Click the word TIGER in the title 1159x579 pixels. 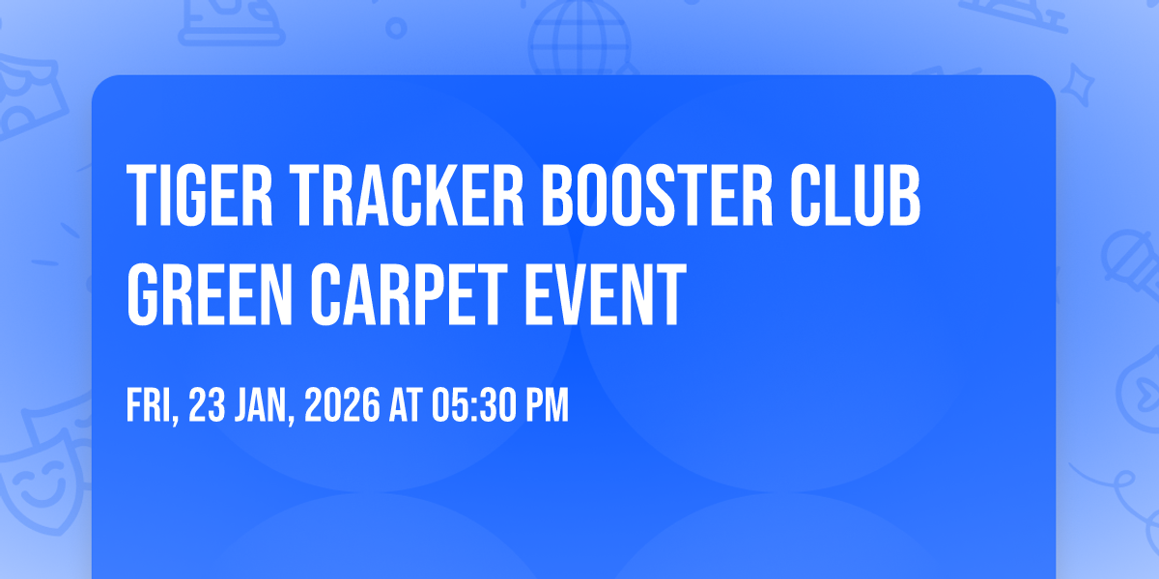200,195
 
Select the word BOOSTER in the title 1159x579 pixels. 657,195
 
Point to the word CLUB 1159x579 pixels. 855,195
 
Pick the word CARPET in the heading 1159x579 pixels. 409,294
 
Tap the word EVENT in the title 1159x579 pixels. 606,294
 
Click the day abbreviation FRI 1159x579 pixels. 153,406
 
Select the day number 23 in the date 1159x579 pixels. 207,404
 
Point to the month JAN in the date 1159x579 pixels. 264,406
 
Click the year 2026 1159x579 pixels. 342,404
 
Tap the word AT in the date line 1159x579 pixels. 406,404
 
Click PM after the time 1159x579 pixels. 548,404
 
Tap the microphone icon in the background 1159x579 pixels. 1131,263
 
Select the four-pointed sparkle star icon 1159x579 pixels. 1078,85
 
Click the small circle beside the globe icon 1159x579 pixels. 396,28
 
